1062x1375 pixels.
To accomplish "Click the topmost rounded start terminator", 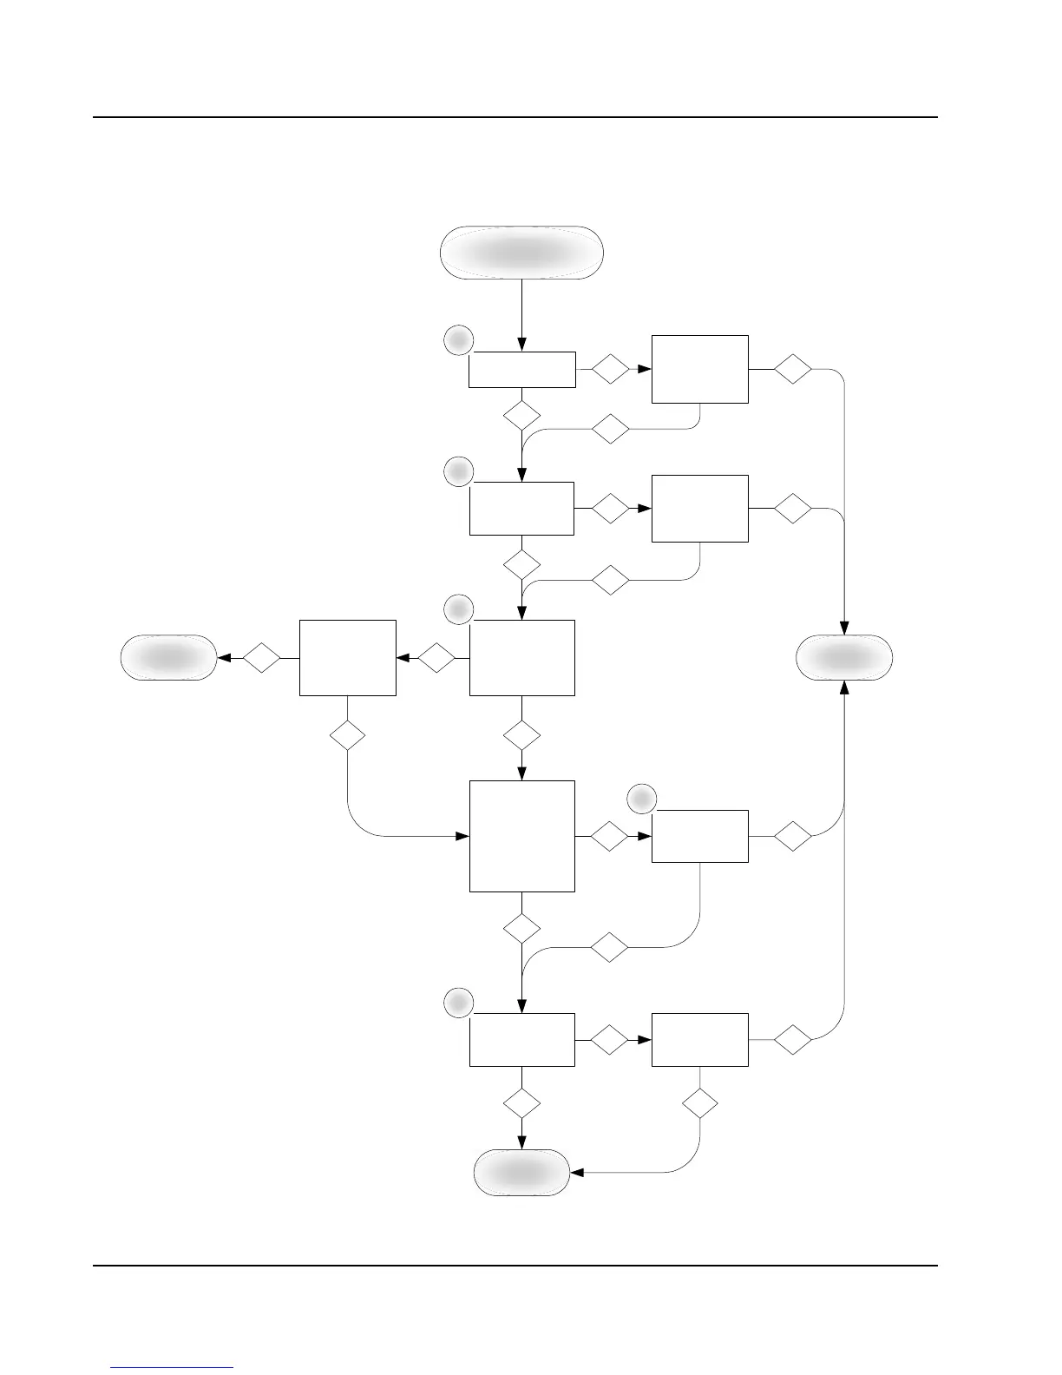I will click(x=521, y=253).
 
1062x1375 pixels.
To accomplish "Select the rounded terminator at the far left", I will click(x=168, y=657).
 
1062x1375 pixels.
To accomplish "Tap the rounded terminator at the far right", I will click(x=844, y=657).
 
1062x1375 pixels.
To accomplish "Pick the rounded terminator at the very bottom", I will click(x=521, y=1173).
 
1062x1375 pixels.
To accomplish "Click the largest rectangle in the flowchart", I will click(x=521, y=836).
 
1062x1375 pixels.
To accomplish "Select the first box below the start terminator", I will click(x=521, y=369).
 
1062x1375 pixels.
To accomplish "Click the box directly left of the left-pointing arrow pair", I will click(x=347, y=657).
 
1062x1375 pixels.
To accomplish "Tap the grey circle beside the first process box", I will click(x=458, y=339).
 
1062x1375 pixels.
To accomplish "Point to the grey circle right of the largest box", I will click(x=641, y=797).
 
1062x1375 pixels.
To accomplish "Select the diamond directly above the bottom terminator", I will click(x=521, y=1104).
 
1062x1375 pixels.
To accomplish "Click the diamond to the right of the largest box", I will click(x=609, y=837).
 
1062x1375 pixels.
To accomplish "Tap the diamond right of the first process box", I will click(x=610, y=369).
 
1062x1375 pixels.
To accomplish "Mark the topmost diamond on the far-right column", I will click(x=793, y=369).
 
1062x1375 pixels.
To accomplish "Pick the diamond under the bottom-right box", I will click(x=700, y=1104).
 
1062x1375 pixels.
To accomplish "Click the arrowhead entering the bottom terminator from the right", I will click(x=575, y=1173).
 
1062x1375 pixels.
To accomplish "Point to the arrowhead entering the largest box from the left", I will click(x=463, y=837).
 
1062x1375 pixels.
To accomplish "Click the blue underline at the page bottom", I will click(x=172, y=1367).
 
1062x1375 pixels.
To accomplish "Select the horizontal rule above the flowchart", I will click(x=515, y=117).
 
